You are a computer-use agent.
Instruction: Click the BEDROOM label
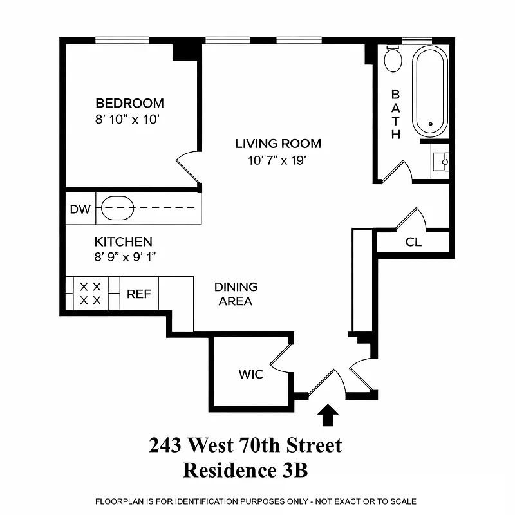(129, 103)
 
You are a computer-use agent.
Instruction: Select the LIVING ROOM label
(277, 144)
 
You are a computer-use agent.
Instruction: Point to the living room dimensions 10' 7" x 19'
(277, 160)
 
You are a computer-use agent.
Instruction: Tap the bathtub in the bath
(429, 89)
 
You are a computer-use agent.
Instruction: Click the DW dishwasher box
(80, 209)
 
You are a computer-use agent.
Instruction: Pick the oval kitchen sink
(118, 209)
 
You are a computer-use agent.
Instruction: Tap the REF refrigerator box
(138, 294)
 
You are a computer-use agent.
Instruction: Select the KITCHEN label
(123, 242)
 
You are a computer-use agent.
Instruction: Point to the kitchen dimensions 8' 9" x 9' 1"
(126, 257)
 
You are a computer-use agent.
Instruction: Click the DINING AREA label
(236, 294)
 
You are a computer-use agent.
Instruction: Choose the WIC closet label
(251, 374)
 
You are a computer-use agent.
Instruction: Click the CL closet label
(413, 243)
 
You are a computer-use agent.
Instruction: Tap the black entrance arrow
(329, 415)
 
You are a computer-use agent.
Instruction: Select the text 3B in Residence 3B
(294, 470)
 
